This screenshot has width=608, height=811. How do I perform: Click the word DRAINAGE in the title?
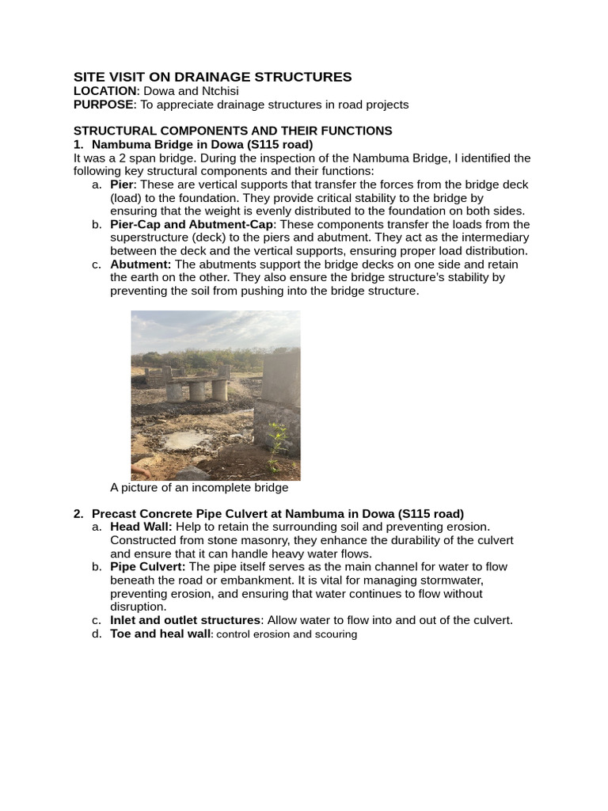tap(203, 77)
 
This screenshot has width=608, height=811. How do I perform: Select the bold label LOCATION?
tap(104, 91)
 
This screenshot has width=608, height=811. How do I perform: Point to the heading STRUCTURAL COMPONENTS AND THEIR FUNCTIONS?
tap(232, 131)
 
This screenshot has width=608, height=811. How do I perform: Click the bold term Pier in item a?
tap(122, 185)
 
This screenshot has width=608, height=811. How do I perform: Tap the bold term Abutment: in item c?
tap(140, 265)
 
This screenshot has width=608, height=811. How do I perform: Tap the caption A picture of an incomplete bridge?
tap(199, 488)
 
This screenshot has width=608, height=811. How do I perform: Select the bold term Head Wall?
tap(141, 527)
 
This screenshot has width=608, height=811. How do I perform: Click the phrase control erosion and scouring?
tap(287, 634)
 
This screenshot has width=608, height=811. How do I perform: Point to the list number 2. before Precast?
tap(78, 513)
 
